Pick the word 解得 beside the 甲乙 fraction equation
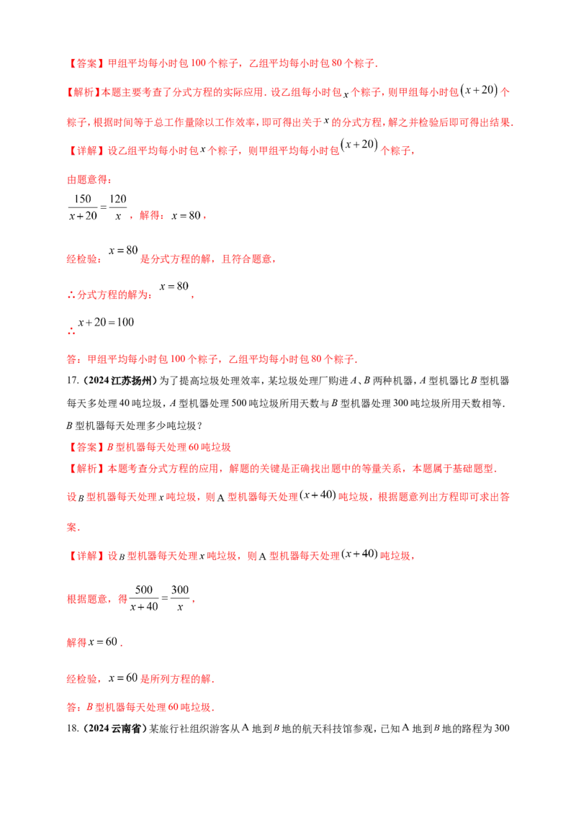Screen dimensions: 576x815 (x=150, y=215)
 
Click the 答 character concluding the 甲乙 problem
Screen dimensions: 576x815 (x=69, y=359)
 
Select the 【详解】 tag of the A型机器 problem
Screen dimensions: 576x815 (x=80, y=556)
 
